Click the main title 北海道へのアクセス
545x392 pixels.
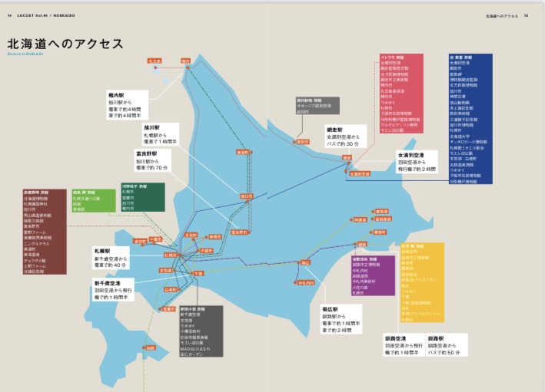(65, 44)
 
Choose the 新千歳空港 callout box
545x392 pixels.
(113, 291)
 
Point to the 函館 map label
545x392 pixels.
(170, 309)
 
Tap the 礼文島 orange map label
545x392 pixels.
(155, 60)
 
